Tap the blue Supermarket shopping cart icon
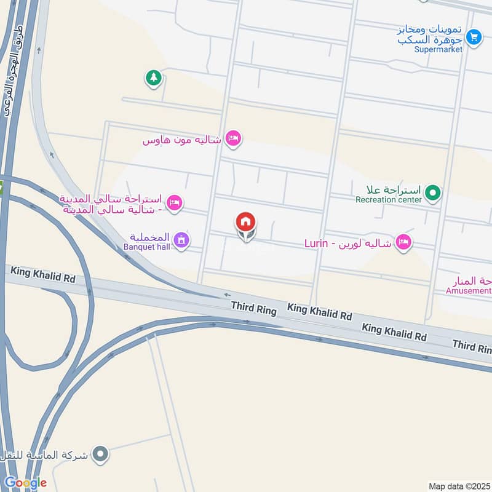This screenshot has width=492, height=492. click(473, 37)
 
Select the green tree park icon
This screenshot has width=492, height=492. click(153, 78)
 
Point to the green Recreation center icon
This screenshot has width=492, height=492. click(433, 194)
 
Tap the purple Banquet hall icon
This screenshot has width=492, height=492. click(180, 240)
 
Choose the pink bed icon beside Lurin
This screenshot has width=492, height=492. click(403, 243)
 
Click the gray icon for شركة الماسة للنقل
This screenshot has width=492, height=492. click(100, 455)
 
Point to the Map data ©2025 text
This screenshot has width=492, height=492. click(459, 486)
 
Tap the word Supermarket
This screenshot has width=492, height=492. click(438, 50)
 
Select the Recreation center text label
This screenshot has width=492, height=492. click(389, 200)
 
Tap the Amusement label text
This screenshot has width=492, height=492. click(469, 290)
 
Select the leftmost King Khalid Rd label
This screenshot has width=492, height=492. click(42, 274)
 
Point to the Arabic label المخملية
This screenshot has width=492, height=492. click(151, 237)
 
